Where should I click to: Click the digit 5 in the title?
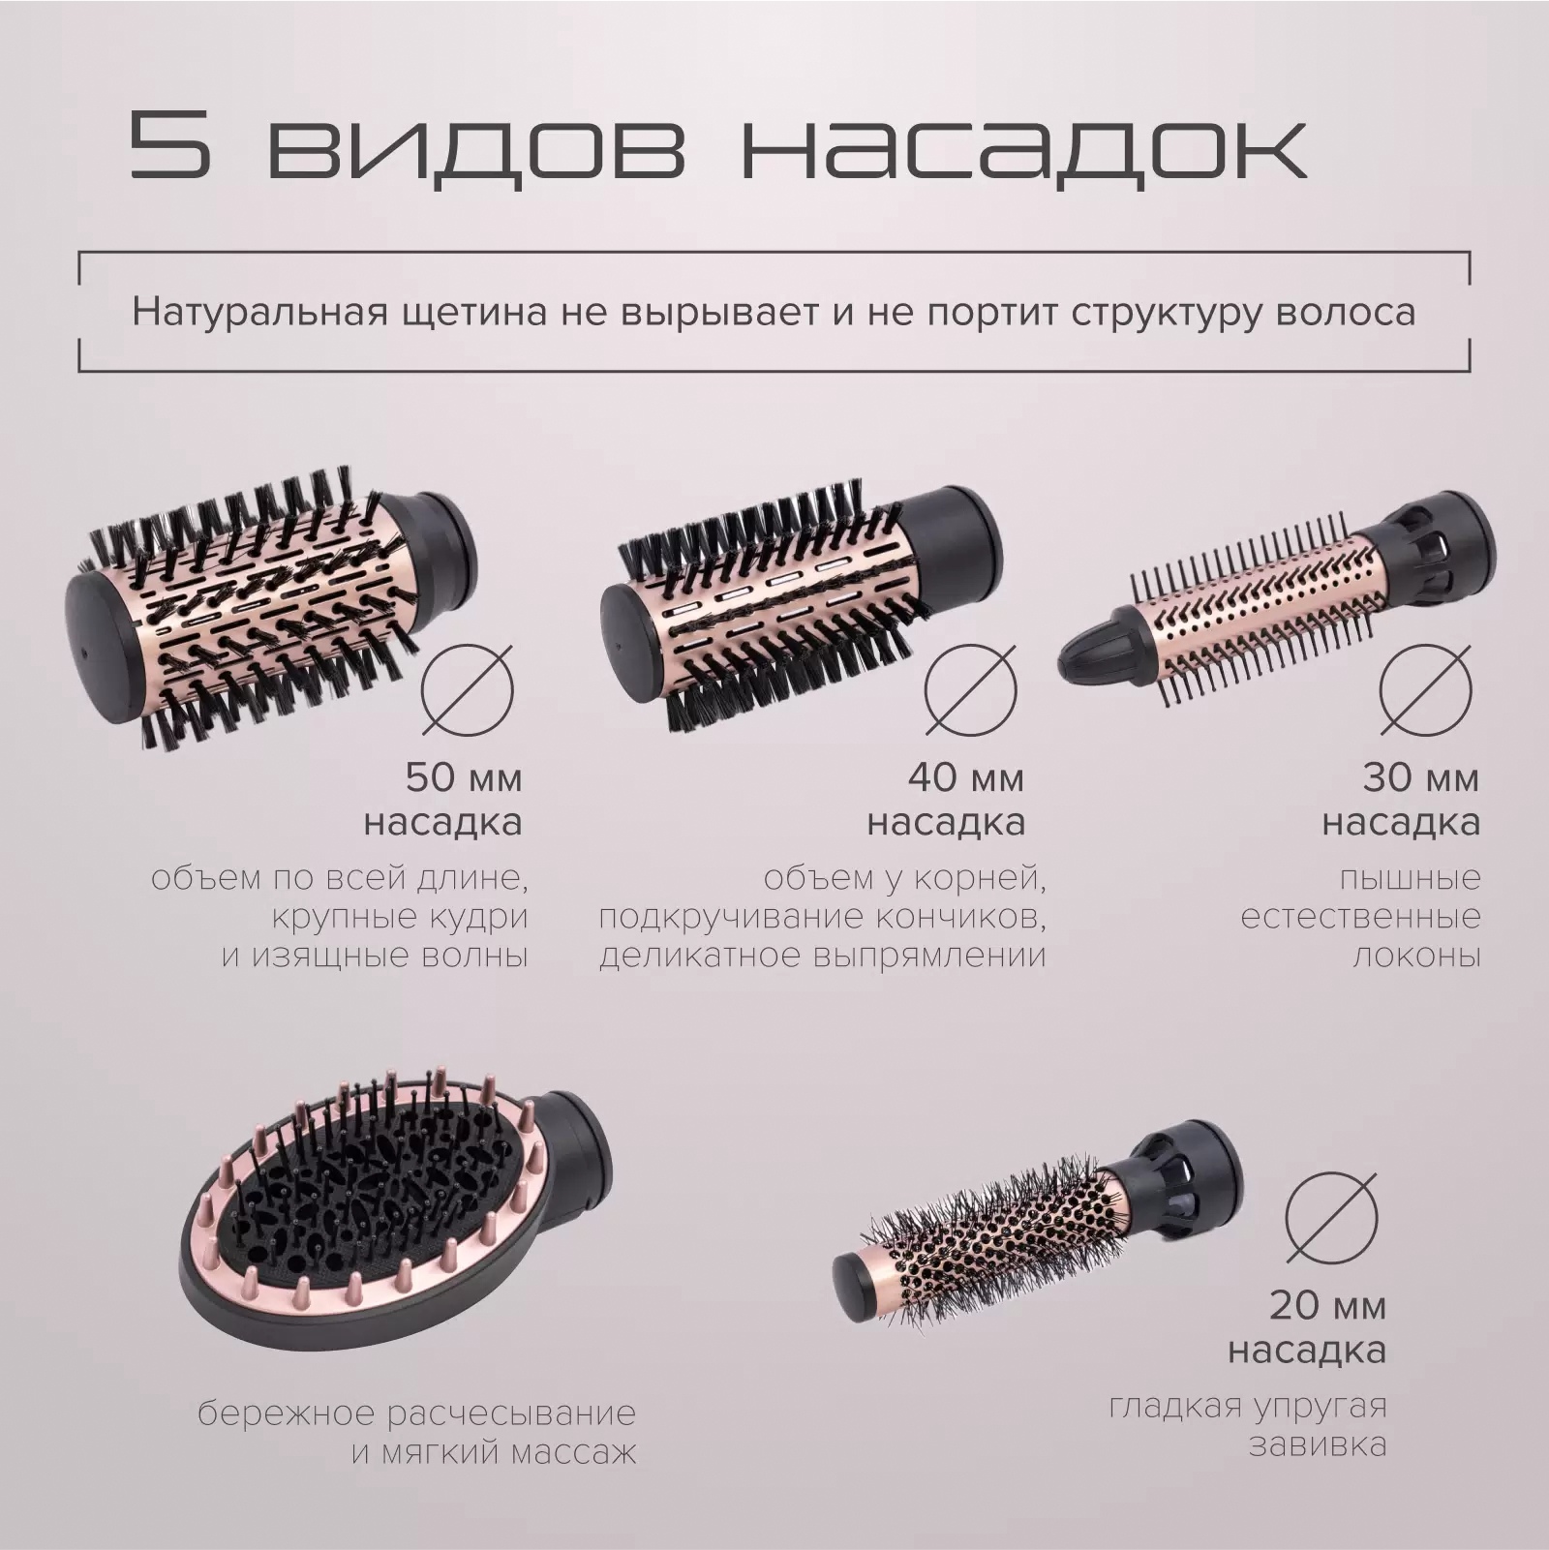[169, 145]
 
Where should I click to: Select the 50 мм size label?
[464, 777]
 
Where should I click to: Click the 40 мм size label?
[965, 777]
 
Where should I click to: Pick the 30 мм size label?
[1421, 777]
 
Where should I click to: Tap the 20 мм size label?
[1327, 1305]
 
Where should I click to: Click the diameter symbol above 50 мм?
[468, 689]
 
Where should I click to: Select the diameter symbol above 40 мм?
[970, 689]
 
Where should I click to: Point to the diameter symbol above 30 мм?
[1426, 689]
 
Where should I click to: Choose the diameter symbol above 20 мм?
[1331, 1217]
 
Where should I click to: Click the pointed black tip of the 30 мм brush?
[1092, 656]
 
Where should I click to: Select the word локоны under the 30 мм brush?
[1416, 957]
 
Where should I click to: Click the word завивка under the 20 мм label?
[1318, 1445]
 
